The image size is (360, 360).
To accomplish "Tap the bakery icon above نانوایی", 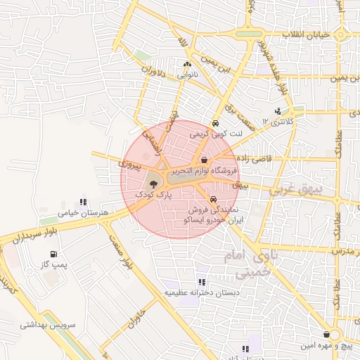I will tap(187, 65).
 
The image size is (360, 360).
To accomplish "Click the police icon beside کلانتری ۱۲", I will tap(278, 111).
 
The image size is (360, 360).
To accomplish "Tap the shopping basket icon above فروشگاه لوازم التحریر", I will tap(203, 160).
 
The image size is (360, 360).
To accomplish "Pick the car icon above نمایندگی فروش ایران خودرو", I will tap(213, 199).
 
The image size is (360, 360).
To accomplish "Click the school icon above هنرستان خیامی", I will tap(83, 202).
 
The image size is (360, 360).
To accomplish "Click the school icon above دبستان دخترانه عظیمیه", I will tap(202, 282).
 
